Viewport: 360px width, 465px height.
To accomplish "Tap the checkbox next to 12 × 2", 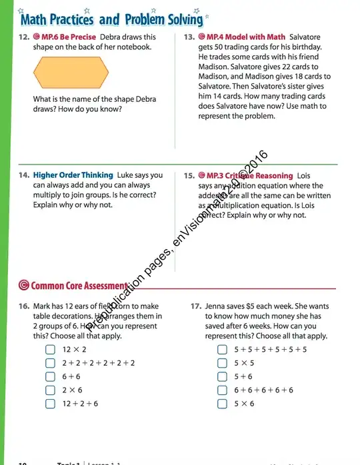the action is [49, 350].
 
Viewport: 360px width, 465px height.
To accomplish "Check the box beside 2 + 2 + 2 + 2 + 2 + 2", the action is [49, 363].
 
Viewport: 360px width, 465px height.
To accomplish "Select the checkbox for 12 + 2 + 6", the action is [49, 404].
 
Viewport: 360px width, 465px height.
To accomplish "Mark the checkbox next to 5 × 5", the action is [223, 363].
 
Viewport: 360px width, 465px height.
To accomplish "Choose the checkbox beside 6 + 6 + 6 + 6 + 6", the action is [223, 390].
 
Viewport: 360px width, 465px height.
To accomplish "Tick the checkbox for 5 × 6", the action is [223, 404].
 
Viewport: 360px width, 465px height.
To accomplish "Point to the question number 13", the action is [189, 37].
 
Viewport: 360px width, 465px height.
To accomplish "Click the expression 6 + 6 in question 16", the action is [71, 377].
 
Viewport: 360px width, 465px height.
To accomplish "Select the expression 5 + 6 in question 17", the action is [245, 377].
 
